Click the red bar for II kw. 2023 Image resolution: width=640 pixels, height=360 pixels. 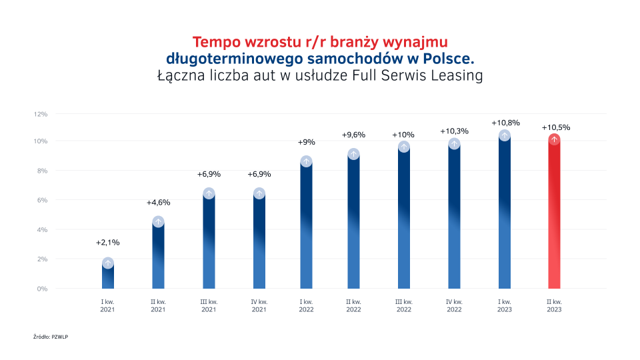pyautogui.click(x=554, y=213)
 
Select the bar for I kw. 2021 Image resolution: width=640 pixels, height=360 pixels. pyautogui.click(x=108, y=276)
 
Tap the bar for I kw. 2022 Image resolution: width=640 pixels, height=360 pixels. pyautogui.click(x=307, y=227)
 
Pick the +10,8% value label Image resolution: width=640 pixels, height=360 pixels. pyautogui.click(x=505, y=123)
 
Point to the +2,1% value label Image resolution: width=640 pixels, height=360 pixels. pyautogui.click(x=108, y=242)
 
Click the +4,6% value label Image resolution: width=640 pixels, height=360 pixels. pyautogui.click(x=158, y=202)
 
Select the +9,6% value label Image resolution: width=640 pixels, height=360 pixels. pyautogui.click(x=354, y=135)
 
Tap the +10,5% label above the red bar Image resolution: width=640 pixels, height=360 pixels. pyautogui.click(x=555, y=127)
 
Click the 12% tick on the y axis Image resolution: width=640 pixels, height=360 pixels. pyautogui.click(x=41, y=114)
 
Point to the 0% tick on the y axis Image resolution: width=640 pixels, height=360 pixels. pyautogui.click(x=42, y=289)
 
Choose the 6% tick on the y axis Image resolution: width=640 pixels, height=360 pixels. pyautogui.click(x=42, y=200)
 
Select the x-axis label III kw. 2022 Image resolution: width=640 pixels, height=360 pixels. pyautogui.click(x=404, y=306)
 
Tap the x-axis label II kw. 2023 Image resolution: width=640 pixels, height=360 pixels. pyautogui.click(x=554, y=306)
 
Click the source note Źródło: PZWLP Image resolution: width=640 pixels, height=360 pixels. pyautogui.click(x=51, y=337)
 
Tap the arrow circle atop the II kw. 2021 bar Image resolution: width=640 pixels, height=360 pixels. pyautogui.click(x=158, y=222)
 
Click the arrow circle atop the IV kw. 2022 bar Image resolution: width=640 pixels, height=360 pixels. pyautogui.click(x=454, y=143)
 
